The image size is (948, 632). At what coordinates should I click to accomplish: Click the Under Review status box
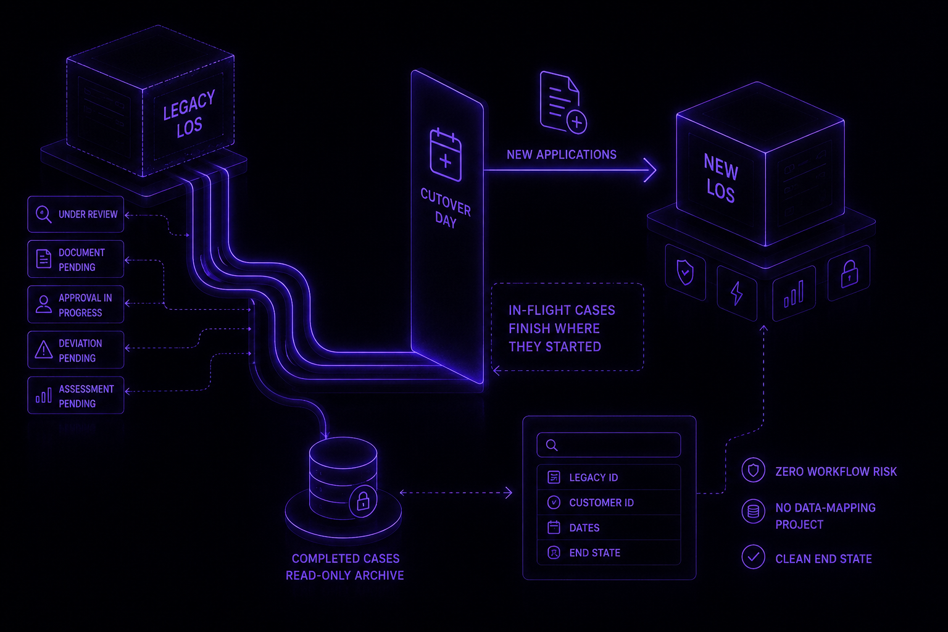pyautogui.click(x=76, y=214)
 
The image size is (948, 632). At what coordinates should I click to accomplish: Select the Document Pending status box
pyautogui.click(x=76, y=259)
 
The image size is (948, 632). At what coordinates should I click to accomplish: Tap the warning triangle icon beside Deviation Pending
pyautogui.click(x=44, y=350)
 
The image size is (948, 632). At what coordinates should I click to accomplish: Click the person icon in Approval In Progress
pyautogui.click(x=44, y=304)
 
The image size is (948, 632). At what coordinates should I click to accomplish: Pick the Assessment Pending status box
pyautogui.click(x=76, y=395)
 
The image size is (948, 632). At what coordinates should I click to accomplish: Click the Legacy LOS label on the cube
pyautogui.click(x=189, y=114)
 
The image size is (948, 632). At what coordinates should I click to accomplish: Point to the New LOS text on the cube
pyautogui.click(x=721, y=178)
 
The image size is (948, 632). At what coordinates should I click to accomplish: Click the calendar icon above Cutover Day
pyautogui.click(x=445, y=155)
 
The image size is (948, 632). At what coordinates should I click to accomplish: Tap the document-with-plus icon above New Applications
pyautogui.click(x=563, y=102)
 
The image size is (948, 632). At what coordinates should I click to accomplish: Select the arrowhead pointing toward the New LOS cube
pyautogui.click(x=651, y=170)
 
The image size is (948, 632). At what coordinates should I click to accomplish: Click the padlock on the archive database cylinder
pyautogui.click(x=363, y=501)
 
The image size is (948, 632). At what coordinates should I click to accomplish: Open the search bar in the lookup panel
pyautogui.click(x=609, y=445)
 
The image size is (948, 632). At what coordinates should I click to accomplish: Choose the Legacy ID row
pyautogui.click(x=609, y=477)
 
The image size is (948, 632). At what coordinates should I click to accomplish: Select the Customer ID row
pyautogui.click(x=609, y=502)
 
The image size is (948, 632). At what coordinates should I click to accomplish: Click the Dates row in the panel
pyautogui.click(x=609, y=528)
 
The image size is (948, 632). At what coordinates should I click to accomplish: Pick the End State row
pyautogui.click(x=609, y=552)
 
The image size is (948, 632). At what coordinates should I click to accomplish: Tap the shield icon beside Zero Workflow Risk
pyautogui.click(x=754, y=470)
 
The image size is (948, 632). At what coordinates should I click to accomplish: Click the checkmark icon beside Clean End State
pyautogui.click(x=754, y=557)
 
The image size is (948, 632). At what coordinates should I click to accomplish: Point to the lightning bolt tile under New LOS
pyautogui.click(x=737, y=293)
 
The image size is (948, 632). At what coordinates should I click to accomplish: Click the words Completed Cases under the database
pyautogui.click(x=346, y=559)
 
